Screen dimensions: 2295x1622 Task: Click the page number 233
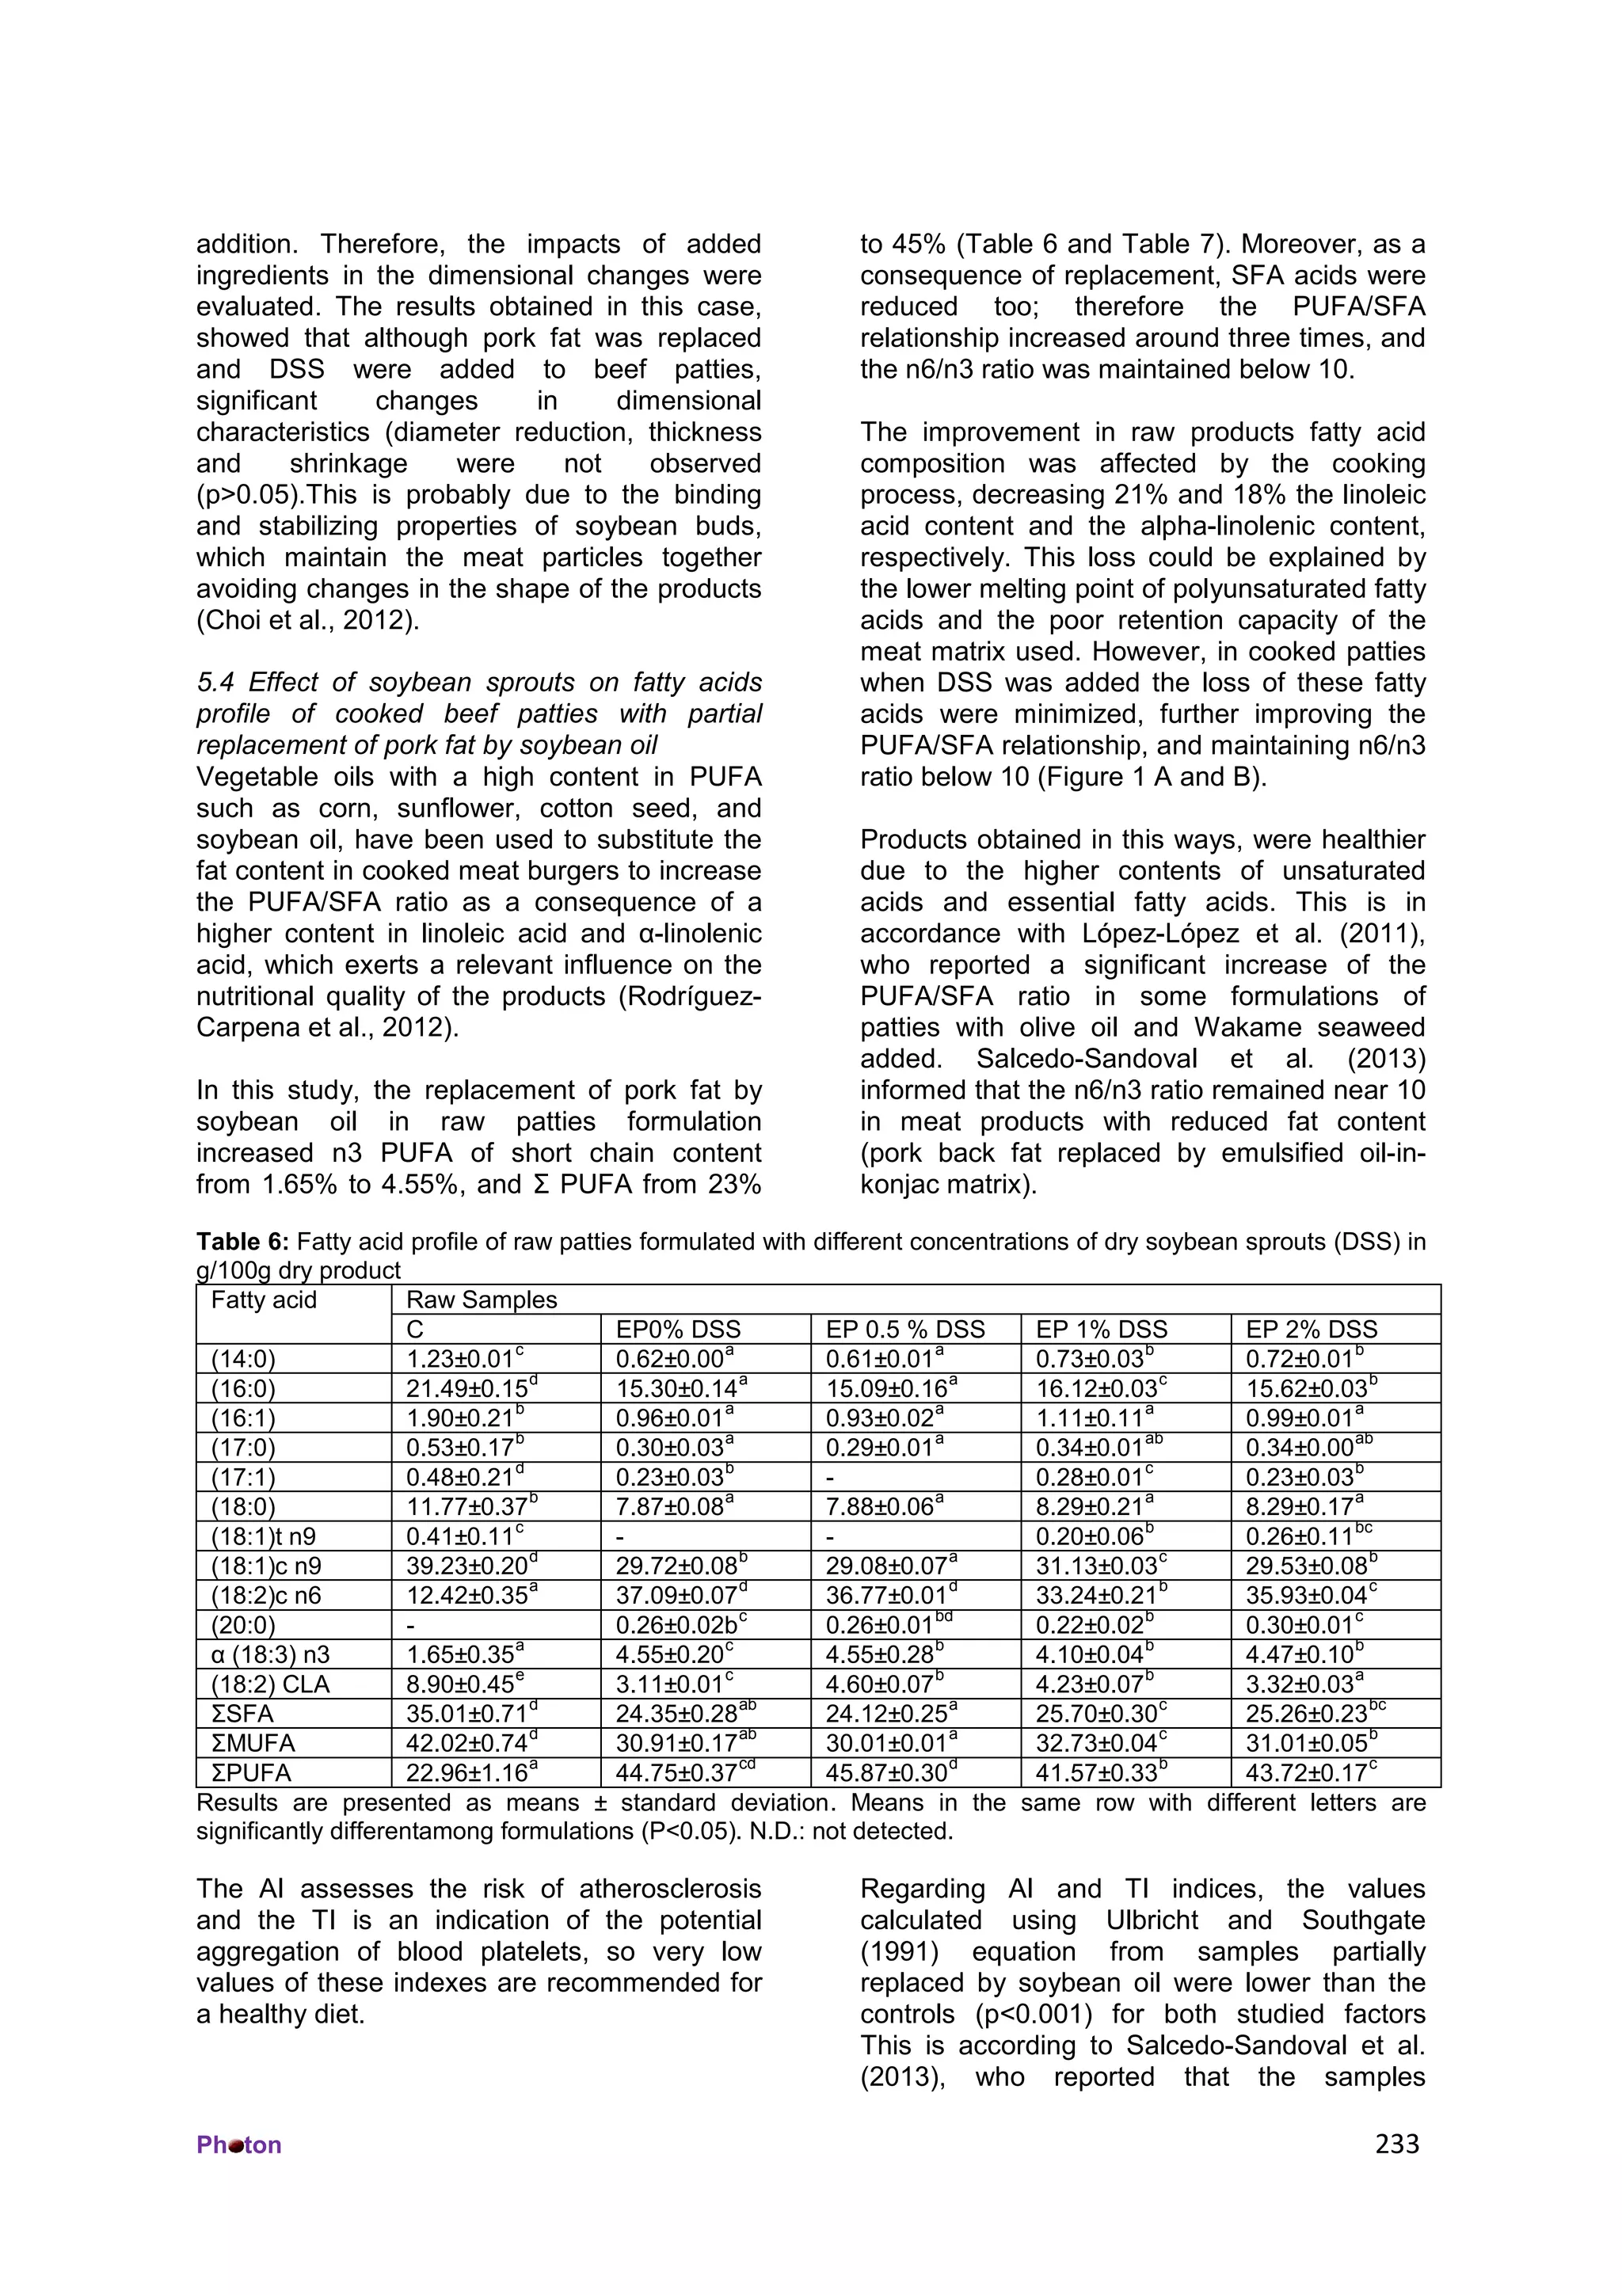1396,2144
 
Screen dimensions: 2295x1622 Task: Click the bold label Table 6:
243,1242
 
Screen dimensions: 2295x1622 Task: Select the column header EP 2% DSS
1312,1330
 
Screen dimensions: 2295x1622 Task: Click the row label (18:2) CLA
270,1684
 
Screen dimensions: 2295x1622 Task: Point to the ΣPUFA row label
251,1773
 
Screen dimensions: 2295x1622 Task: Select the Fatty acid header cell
264,1300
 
